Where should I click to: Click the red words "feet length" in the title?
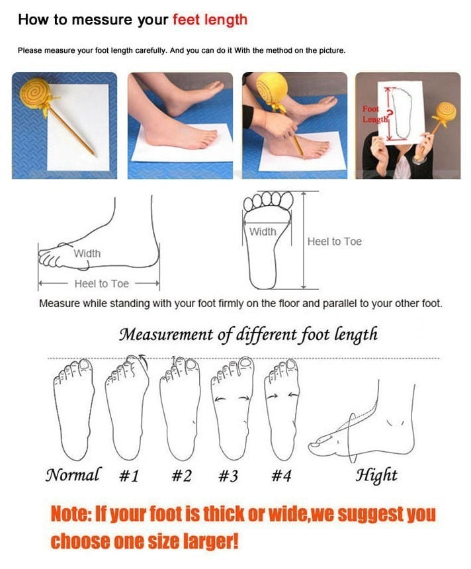pyautogui.click(x=210, y=19)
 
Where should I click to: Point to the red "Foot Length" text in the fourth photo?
pyautogui.click(x=371, y=114)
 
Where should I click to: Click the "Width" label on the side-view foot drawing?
pyautogui.click(x=87, y=253)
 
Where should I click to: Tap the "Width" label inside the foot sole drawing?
pyautogui.click(x=263, y=232)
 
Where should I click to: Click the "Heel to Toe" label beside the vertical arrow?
pyautogui.click(x=334, y=242)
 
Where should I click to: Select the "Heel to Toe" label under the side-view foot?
pyautogui.click(x=101, y=283)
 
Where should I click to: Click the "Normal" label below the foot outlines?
pyautogui.click(x=73, y=474)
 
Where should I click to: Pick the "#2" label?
pyautogui.click(x=181, y=476)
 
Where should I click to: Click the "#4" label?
pyautogui.click(x=280, y=476)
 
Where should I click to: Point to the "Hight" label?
pyautogui.click(x=376, y=474)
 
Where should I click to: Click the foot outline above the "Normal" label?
pyautogui.click(x=72, y=410)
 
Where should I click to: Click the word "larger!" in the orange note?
pyautogui.click(x=205, y=541)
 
